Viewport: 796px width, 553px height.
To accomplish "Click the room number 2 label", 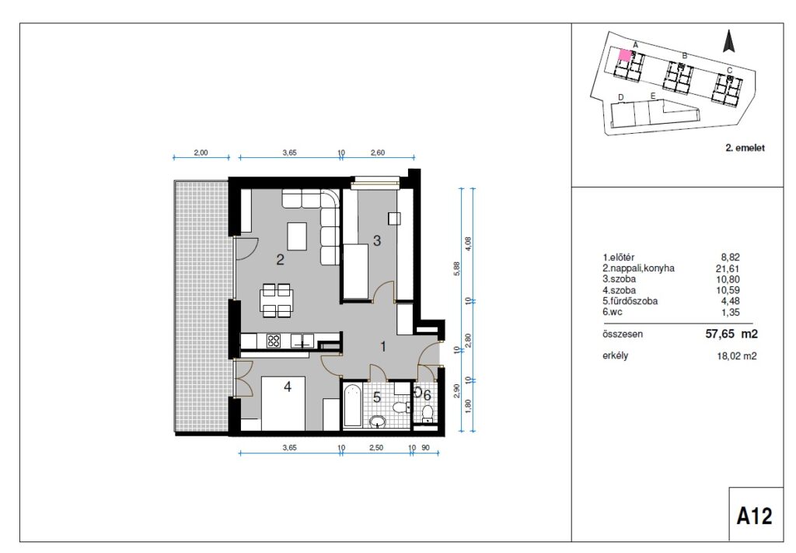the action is [x=280, y=260].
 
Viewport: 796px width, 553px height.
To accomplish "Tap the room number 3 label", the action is [x=377, y=240].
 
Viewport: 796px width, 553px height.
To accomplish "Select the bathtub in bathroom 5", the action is [x=352, y=405].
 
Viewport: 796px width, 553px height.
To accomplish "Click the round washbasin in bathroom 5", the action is [x=377, y=422].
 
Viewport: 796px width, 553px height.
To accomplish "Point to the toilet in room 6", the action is [x=428, y=413].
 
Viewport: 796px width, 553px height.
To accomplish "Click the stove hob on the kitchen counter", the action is [x=274, y=340].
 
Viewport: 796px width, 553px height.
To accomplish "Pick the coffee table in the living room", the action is [x=297, y=236].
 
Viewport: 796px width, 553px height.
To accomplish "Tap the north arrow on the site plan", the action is [x=729, y=40].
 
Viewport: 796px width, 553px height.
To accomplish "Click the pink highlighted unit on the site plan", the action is [x=624, y=55].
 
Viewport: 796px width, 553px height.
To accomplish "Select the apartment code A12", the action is [x=754, y=516].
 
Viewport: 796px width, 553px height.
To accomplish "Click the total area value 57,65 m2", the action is [x=731, y=334].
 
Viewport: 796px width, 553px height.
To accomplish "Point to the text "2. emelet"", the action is [x=745, y=148].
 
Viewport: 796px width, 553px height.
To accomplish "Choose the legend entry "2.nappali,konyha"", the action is [x=639, y=268].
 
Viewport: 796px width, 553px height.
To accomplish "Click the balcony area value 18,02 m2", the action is [x=735, y=356].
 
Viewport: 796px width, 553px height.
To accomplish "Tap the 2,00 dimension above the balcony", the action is [x=201, y=152].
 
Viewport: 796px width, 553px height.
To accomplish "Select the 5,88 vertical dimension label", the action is [x=457, y=268].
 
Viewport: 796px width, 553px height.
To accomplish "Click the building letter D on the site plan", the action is [x=621, y=97].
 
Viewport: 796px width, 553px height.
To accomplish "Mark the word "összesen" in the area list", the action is [x=623, y=334].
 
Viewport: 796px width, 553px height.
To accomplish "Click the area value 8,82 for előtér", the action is [x=730, y=257].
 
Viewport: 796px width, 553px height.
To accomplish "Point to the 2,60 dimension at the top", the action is [x=378, y=152].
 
